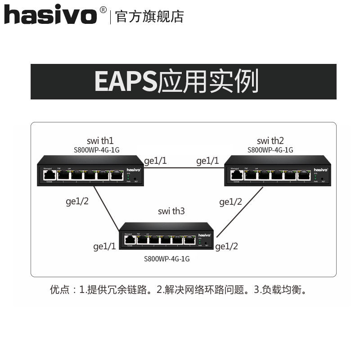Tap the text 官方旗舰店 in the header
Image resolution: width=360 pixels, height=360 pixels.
[x=150, y=16]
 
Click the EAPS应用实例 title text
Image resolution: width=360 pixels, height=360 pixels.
[x=176, y=81]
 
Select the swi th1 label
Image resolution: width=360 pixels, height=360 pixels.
[x=100, y=141]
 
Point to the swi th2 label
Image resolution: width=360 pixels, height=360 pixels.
[x=270, y=141]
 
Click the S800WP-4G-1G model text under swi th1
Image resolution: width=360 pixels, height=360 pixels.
[x=100, y=150]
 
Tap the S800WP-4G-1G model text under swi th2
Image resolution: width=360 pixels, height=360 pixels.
[x=270, y=150]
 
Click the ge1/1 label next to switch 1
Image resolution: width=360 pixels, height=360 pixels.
[x=156, y=161]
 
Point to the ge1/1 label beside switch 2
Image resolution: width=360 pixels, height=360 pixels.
[x=207, y=161]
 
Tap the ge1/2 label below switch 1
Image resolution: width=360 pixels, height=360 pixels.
[x=77, y=201]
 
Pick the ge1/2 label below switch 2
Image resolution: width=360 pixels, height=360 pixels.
[x=230, y=202]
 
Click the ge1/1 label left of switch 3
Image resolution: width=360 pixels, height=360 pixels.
[x=104, y=246]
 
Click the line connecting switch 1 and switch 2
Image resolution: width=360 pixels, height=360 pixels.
[x=184, y=168]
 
